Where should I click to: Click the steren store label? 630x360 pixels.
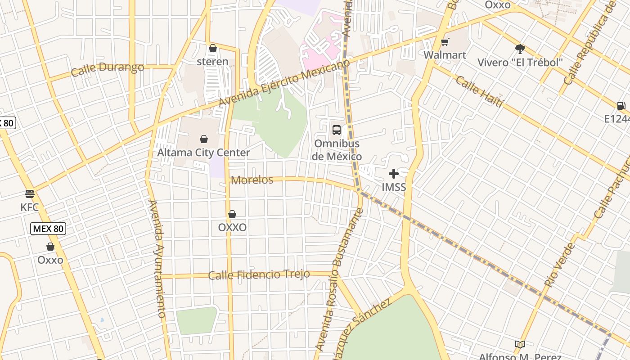212,62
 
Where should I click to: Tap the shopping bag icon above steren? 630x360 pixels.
213,48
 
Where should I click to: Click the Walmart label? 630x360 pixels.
445,55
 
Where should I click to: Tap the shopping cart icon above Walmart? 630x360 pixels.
445,42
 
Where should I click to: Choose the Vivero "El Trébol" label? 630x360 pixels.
520,63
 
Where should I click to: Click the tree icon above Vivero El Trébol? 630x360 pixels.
520,49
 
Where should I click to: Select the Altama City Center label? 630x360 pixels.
203,153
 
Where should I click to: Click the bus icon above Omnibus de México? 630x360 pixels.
337,130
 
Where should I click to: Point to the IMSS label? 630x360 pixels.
394,187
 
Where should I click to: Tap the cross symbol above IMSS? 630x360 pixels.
394,174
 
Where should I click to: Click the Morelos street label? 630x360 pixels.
252,180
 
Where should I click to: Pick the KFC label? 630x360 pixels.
30,207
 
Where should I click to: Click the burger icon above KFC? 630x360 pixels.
30,194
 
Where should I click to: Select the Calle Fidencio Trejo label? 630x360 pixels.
259,274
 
